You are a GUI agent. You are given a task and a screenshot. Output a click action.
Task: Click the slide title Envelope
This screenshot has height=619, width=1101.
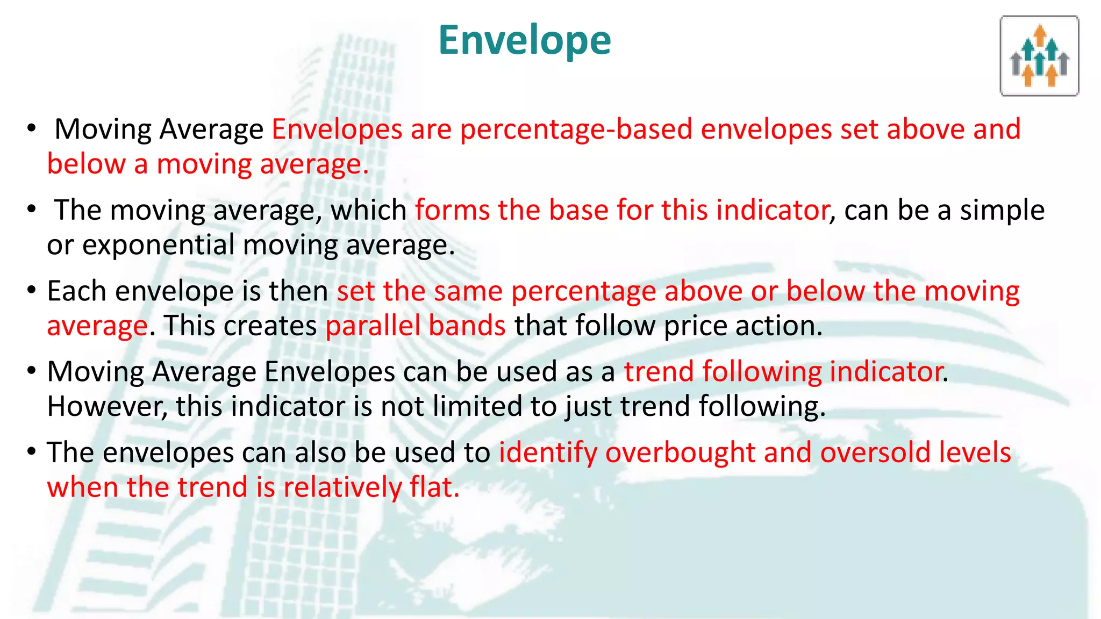pyautogui.click(x=524, y=40)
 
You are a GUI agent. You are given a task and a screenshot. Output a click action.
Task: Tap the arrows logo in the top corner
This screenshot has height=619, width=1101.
pyautogui.click(x=1039, y=56)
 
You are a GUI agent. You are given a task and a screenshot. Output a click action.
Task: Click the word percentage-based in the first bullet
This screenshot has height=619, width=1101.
pyautogui.click(x=576, y=129)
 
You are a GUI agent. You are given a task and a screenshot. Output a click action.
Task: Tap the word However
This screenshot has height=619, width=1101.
pyautogui.click(x=107, y=406)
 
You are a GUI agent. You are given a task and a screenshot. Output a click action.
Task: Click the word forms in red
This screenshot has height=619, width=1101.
pyautogui.click(x=452, y=210)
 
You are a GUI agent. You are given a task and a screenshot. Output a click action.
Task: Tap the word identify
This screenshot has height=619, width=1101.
pyautogui.click(x=548, y=452)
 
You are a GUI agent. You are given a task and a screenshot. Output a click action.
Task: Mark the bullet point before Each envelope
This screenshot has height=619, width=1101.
pyautogui.click(x=32, y=291)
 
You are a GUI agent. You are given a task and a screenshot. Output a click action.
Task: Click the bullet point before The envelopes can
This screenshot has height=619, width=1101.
pyautogui.click(x=32, y=452)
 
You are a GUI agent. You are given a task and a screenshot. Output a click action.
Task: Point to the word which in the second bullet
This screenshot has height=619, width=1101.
pyautogui.click(x=368, y=210)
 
